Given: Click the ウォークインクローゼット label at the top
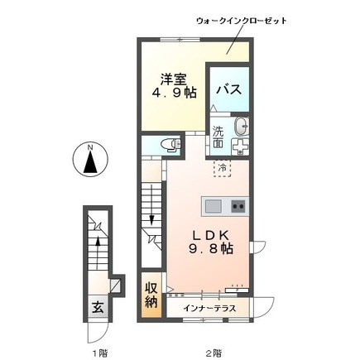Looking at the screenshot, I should click(240, 19).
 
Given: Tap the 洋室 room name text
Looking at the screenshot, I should click(173, 80).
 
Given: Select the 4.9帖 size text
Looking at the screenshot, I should click(168, 96).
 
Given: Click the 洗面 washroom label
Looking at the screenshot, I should click(218, 137).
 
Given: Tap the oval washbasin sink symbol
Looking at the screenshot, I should click(242, 127).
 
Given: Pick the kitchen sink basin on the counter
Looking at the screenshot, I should click(210, 204).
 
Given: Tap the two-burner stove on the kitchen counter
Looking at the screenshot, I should click(238, 204).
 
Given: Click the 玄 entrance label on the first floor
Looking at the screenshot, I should click(96, 306).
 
